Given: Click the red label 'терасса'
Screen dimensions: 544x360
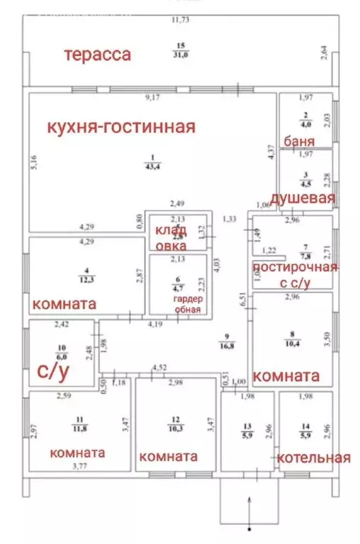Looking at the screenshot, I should pos(98,55).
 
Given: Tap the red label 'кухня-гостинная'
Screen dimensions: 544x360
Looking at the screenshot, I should pos(121,127).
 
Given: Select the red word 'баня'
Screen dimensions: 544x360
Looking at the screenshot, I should pos(299,140).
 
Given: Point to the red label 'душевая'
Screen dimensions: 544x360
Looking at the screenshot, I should pos(303,198).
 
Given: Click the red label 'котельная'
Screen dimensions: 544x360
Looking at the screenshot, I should pos(314,458).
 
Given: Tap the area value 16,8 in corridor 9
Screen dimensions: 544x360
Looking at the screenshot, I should pos(226,346).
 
